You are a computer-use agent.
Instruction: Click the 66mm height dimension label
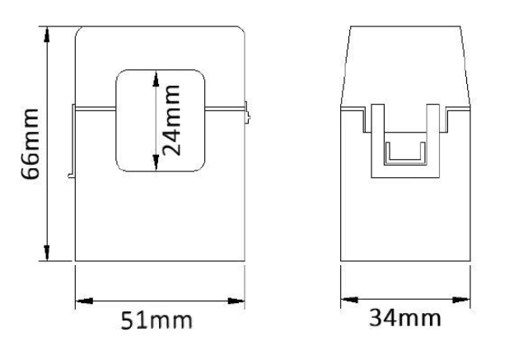click(30, 144)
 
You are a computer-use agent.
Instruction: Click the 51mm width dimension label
click(156, 320)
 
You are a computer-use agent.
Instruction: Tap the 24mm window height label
click(170, 120)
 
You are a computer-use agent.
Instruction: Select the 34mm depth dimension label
click(405, 318)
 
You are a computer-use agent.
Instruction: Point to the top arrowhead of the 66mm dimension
click(47, 35)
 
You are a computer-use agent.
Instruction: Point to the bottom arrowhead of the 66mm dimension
click(47, 253)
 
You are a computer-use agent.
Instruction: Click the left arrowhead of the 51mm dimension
click(84, 301)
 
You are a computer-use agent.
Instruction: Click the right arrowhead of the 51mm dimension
click(236, 301)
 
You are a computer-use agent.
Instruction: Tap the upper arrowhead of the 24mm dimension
click(156, 78)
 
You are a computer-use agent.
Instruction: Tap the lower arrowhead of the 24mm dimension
click(156, 162)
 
